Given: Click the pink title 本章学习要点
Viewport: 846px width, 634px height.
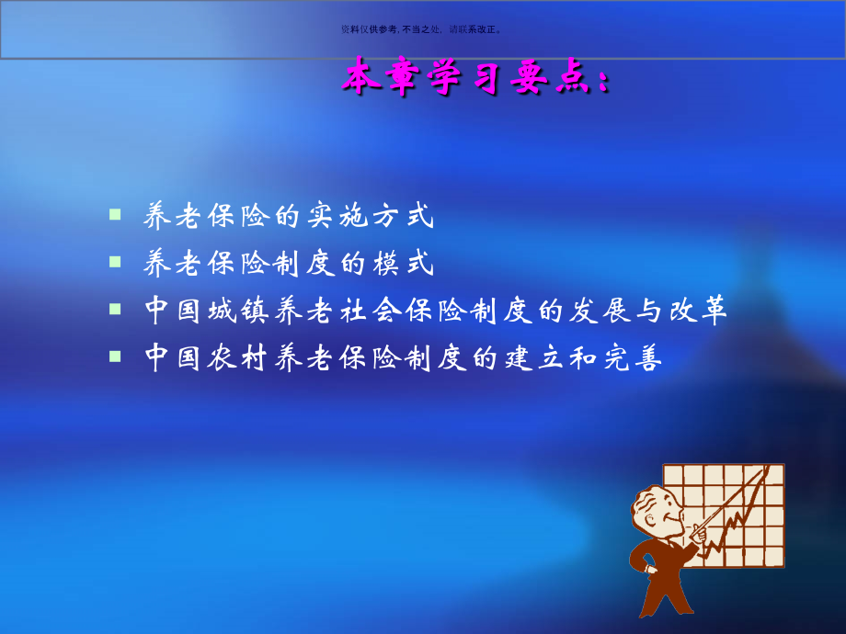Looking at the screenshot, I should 474,78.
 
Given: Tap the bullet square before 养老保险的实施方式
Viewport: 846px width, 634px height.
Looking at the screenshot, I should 115,214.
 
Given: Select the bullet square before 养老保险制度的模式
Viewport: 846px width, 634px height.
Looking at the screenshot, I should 115,262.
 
